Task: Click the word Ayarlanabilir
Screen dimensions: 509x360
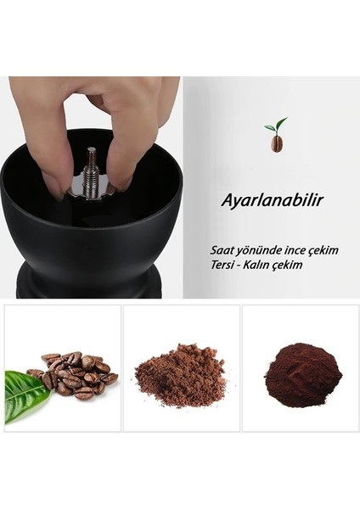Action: tap(260, 202)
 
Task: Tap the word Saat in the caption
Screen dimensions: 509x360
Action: tap(222, 251)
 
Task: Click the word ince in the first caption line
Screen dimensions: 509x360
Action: tap(288, 251)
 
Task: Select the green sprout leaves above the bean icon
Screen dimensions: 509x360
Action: tap(275, 125)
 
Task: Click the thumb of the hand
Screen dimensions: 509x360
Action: tap(48, 161)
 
